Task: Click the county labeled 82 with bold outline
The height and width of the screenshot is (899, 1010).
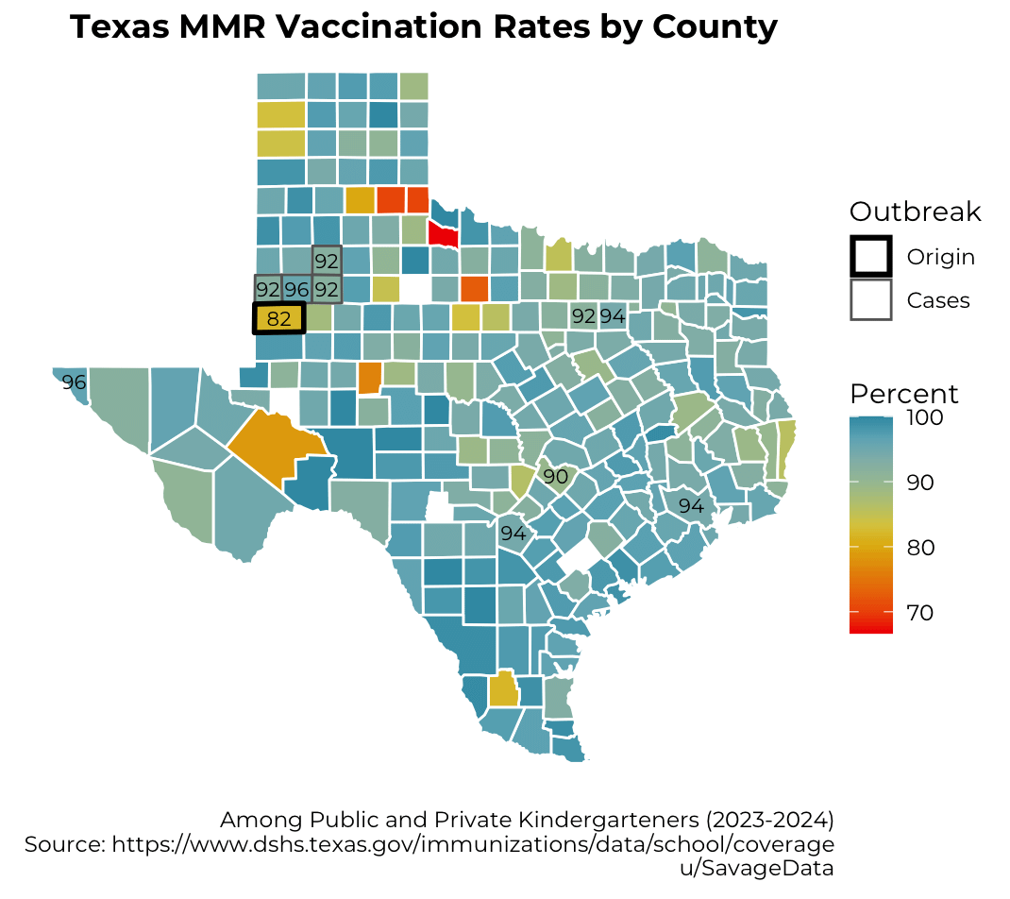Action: coord(278,318)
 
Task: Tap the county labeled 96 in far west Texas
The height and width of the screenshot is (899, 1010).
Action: coord(74,382)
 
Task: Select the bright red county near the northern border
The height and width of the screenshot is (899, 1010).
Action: coord(444,234)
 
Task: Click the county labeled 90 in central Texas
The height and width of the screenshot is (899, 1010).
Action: coord(556,477)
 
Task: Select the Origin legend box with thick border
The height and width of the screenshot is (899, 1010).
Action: coord(870,256)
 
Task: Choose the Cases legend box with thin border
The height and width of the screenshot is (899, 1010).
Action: coord(870,299)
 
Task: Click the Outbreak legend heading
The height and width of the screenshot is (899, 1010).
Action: coord(915,212)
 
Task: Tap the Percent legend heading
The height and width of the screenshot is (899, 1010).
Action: coord(903,393)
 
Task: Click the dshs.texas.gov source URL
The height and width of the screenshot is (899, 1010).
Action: coord(472,843)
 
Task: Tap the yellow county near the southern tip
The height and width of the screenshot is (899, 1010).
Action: coord(503,689)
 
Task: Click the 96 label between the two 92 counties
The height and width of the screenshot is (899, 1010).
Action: coord(296,289)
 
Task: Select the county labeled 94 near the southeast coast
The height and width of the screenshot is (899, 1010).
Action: coord(691,506)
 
